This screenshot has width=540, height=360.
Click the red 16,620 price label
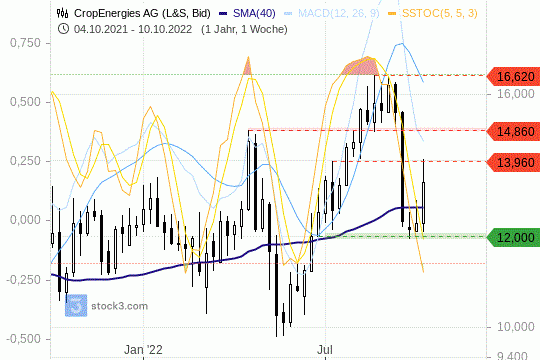(x=513, y=75)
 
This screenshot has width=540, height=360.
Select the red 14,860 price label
(x=513, y=131)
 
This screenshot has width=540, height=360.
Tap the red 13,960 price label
(x=513, y=162)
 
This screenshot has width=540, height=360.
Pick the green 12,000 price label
(x=513, y=237)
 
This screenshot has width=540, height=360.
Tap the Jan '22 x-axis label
(x=143, y=349)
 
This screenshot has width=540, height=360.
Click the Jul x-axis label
(x=323, y=349)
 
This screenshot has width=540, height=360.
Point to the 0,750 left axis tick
(x=22, y=43)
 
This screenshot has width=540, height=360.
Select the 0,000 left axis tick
(x=22, y=220)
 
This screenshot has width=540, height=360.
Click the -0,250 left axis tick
(x=20, y=279)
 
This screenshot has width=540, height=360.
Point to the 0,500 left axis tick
(x=22, y=102)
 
